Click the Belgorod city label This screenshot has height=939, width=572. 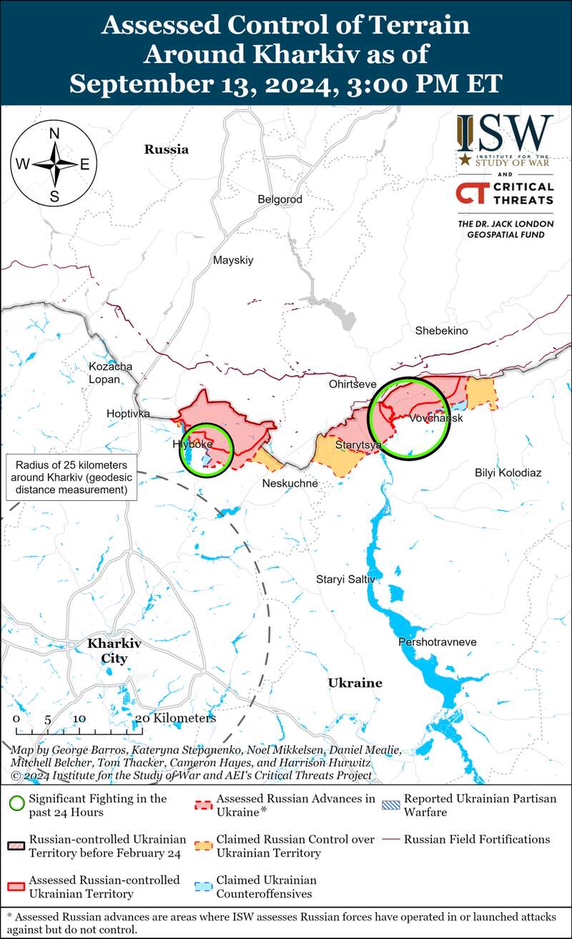click(280, 200)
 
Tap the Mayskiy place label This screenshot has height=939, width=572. click(233, 261)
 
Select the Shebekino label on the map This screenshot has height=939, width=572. click(441, 331)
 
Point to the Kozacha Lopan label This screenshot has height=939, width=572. click(110, 372)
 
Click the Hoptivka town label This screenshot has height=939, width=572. click(128, 414)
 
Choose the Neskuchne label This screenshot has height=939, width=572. click(290, 484)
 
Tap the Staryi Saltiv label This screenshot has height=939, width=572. click(345, 578)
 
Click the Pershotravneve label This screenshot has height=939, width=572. click(438, 642)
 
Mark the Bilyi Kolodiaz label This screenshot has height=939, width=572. click(508, 473)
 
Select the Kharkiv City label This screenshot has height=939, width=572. click(114, 651)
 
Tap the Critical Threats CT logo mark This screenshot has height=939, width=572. click(470, 194)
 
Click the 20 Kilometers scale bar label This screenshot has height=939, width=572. click(175, 718)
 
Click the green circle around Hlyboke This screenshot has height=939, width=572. click(206, 449)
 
